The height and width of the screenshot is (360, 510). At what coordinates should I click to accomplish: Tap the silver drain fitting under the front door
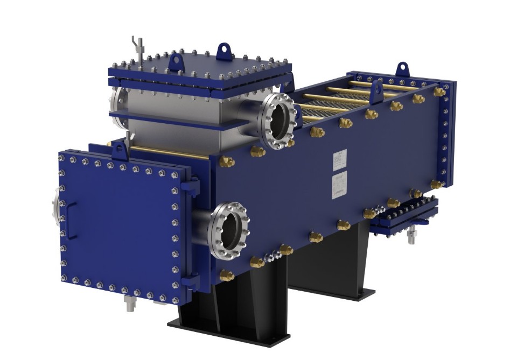coord(130,305)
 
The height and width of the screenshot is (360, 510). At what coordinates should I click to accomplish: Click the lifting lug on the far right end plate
coord(402,69)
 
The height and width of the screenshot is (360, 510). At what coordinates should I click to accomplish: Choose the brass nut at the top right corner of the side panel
coord(439,91)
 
